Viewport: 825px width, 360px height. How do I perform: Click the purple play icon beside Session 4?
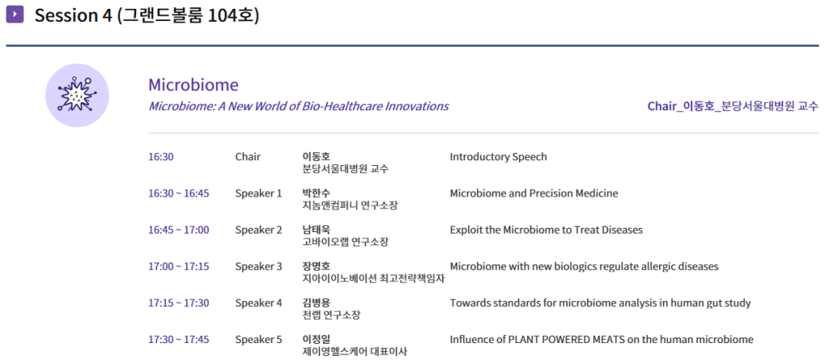coord(15,14)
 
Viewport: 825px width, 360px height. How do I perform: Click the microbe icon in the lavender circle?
coord(77,95)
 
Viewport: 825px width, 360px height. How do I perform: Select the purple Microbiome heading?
coord(193,85)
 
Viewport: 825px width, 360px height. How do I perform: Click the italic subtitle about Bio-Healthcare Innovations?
coord(298,106)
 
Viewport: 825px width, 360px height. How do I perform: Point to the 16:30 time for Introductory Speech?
coord(161,157)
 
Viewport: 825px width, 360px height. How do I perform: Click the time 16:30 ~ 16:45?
coord(178,193)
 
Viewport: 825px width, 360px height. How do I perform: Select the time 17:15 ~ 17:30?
coord(178,303)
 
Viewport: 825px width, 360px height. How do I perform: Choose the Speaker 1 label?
coord(259,193)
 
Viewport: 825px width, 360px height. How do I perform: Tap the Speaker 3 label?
coord(259,267)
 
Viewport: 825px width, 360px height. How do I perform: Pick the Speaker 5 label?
coord(259,340)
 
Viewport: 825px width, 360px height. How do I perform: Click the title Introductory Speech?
coord(498,157)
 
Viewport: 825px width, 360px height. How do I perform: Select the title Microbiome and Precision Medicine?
coord(534,193)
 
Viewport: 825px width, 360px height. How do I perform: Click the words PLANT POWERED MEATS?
coord(566,340)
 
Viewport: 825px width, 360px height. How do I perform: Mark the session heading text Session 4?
coord(73,15)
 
